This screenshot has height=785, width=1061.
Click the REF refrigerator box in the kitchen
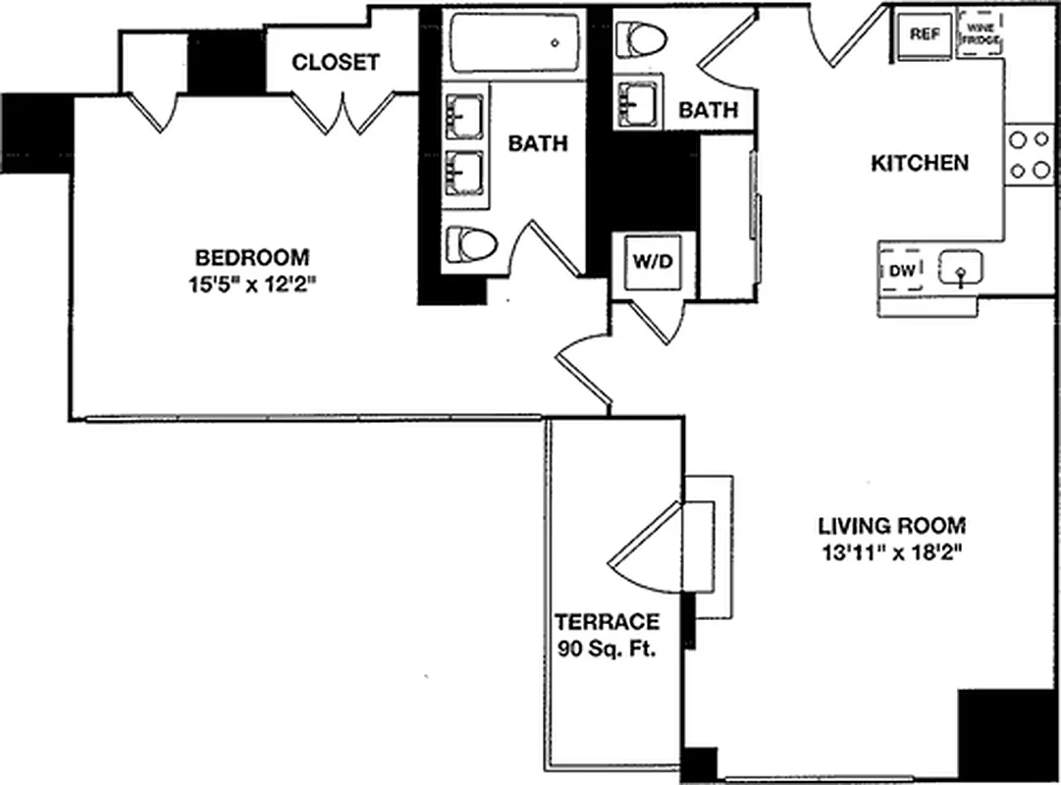(x=924, y=34)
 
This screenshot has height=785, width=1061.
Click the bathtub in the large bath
(x=514, y=44)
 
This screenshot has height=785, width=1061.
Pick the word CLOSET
(x=336, y=63)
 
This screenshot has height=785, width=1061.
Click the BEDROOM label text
(x=252, y=258)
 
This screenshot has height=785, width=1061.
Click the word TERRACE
(x=606, y=622)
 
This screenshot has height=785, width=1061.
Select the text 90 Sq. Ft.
(x=606, y=649)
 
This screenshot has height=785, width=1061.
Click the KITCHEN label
(x=920, y=163)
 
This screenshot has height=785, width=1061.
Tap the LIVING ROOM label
(x=889, y=524)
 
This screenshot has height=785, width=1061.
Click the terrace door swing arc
(x=643, y=549)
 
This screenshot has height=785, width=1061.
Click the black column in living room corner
(x=1005, y=734)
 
